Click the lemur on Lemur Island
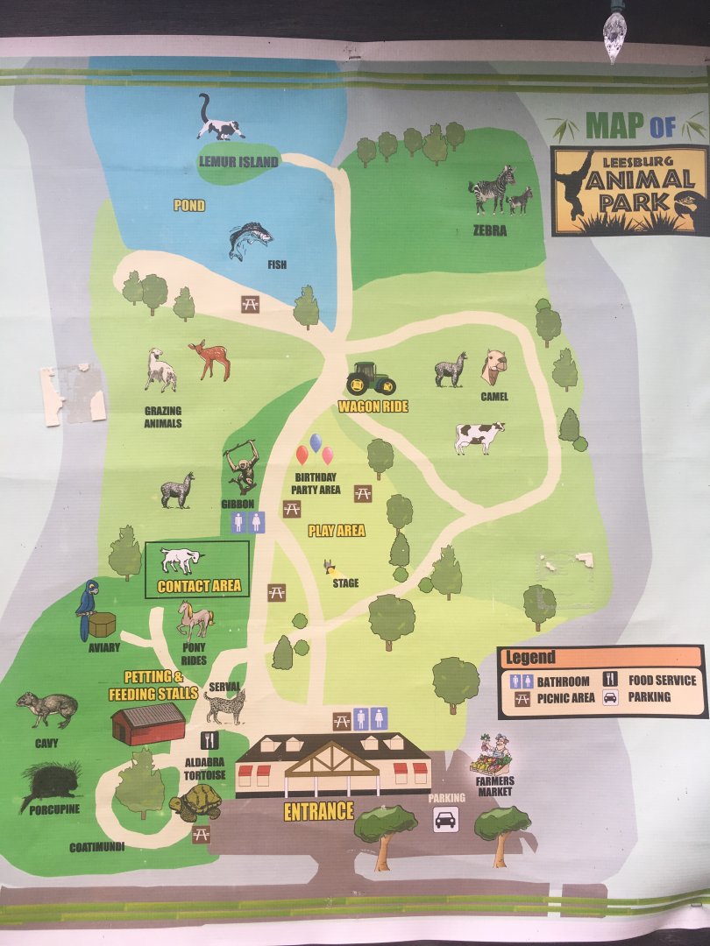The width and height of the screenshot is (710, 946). pos(218,121)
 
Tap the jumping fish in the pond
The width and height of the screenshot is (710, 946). pos(249,239)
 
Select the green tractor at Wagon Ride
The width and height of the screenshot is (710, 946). pos(370,379)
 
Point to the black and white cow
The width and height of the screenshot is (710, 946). pos(479,436)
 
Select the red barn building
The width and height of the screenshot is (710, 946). pos(148,724)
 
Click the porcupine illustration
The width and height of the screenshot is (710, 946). pos(51,783)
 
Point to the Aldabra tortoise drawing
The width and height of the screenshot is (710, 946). pos(196,801)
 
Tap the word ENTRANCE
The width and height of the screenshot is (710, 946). pos(318,811)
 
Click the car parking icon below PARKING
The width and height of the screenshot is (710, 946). pos(446,820)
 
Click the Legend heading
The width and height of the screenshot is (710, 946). pos(530,657)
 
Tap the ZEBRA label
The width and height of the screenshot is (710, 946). pos(491,231)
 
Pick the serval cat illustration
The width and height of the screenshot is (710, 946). pos(225,706)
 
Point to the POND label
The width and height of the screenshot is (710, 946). pos(188,206)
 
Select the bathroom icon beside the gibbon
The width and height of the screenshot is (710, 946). pos(246,522)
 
